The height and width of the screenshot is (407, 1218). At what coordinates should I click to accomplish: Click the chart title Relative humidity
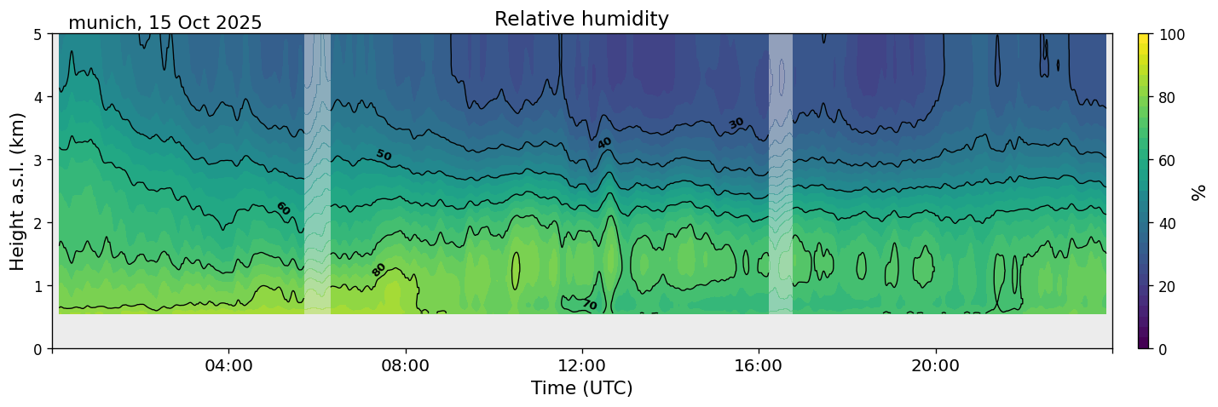(581, 19)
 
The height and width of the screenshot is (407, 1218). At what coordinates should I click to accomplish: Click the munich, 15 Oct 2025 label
(165, 23)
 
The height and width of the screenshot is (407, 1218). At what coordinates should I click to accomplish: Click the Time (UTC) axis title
(581, 388)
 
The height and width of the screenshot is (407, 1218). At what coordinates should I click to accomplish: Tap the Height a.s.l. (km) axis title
(18, 192)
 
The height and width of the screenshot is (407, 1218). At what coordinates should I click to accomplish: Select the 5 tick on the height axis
(38, 34)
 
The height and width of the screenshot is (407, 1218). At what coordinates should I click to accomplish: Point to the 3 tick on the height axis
(38, 160)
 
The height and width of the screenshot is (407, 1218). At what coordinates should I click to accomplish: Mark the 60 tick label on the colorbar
(1171, 160)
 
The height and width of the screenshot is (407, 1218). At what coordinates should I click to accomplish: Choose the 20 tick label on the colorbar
(1171, 286)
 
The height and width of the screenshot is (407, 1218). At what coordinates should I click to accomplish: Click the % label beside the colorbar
(1199, 192)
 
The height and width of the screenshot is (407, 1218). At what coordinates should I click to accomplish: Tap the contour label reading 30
(736, 123)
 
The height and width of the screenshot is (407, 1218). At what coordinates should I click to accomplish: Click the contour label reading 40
(604, 142)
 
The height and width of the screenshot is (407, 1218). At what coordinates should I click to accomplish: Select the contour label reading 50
(384, 155)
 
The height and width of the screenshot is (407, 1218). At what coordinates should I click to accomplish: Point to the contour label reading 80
(378, 270)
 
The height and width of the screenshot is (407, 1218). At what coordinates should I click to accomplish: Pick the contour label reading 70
(589, 304)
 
